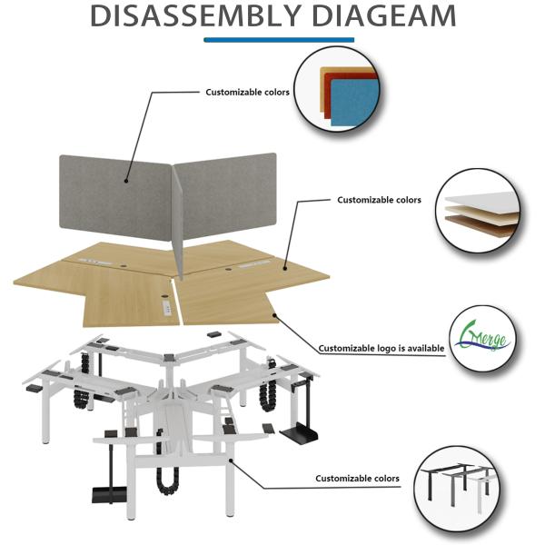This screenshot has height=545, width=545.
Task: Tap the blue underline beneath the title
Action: [279, 40]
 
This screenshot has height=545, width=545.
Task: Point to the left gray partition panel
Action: [115, 196]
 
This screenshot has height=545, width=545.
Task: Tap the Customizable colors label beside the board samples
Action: [379, 200]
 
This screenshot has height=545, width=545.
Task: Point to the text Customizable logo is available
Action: [381, 348]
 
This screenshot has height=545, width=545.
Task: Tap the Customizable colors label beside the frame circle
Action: [357, 479]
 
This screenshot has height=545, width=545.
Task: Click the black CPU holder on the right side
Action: [298, 427]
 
